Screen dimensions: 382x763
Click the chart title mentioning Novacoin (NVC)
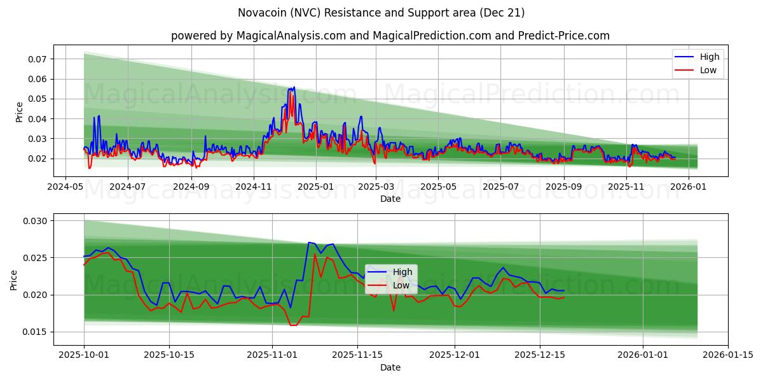click(x=381, y=13)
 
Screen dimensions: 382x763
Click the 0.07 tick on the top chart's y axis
click(x=37, y=59)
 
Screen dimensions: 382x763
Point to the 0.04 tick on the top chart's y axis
click(x=37, y=119)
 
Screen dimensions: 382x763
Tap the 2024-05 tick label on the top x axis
click(x=65, y=187)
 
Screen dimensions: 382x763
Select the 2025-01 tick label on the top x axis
click(x=315, y=187)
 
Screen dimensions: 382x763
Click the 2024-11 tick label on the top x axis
click(x=254, y=187)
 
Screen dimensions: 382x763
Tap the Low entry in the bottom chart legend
click(x=401, y=285)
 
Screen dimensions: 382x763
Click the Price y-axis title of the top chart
click(x=19, y=112)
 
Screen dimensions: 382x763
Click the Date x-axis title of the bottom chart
click(x=390, y=367)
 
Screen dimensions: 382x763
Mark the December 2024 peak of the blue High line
click(x=294, y=87)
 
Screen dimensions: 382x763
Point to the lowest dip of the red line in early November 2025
click(x=292, y=325)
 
